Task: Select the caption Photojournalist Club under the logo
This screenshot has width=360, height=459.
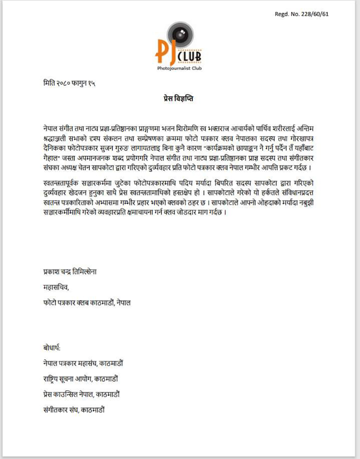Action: click(179, 68)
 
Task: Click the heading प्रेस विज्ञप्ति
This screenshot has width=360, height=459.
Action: click(175, 99)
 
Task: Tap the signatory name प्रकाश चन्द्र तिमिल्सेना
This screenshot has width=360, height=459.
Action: click(70, 272)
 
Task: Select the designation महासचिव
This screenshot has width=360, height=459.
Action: click(53, 287)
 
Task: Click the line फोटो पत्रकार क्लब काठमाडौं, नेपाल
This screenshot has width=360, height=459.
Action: click(87, 302)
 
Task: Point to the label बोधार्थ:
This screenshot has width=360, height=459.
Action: click(51, 348)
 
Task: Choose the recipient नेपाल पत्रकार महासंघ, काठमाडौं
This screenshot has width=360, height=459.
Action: click(83, 363)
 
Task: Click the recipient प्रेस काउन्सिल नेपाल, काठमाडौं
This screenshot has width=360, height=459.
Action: click(81, 394)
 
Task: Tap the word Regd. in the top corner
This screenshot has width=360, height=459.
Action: click(282, 14)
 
